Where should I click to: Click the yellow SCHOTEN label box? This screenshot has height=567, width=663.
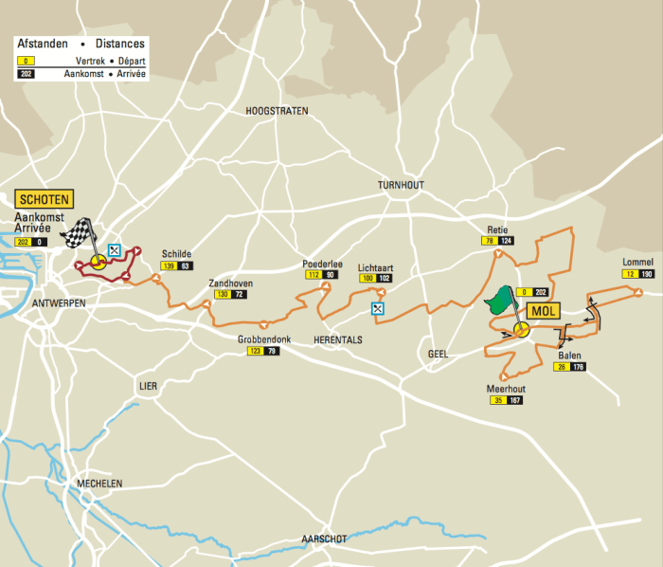pos(45,200)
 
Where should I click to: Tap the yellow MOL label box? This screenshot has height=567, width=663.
pos(543,311)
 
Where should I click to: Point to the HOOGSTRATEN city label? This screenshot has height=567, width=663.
pos(278,111)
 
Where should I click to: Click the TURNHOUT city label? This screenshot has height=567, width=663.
pos(402,185)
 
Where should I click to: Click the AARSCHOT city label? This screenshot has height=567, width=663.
pos(323,539)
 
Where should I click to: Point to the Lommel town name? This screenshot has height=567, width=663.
pos(637,262)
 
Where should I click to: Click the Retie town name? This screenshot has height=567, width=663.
pos(498,229)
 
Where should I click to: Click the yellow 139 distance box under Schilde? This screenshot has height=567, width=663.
pos(168,266)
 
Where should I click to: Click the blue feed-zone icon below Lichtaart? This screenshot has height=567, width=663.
pos(378,308)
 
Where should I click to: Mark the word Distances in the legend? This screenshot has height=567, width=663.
pos(119,44)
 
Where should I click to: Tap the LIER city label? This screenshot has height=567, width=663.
pos(147,387)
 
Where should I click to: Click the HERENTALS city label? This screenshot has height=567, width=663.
pos(337,339)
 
